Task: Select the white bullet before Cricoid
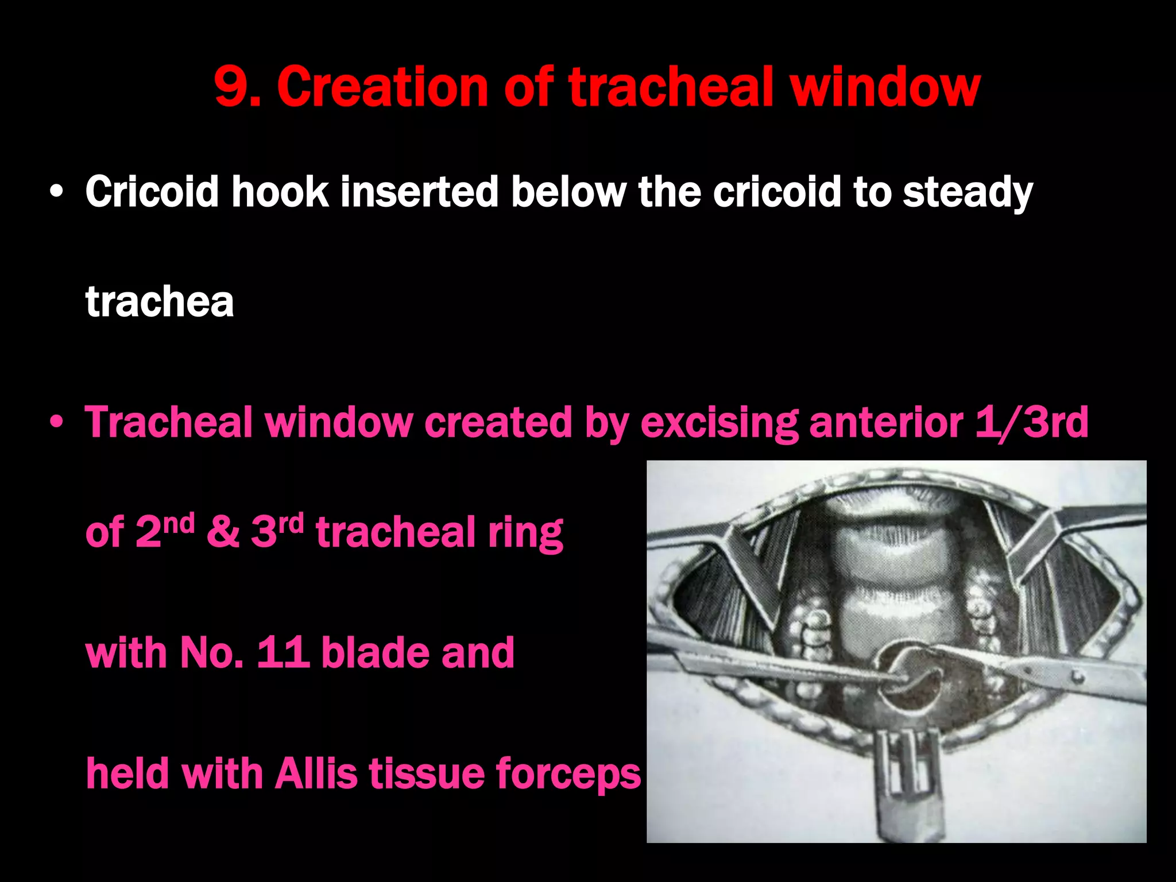click(56, 193)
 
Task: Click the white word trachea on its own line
click(160, 301)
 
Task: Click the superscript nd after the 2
click(179, 523)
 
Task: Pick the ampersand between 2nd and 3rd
click(223, 532)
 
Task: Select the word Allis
click(316, 773)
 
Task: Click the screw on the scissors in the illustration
click(1078, 678)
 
